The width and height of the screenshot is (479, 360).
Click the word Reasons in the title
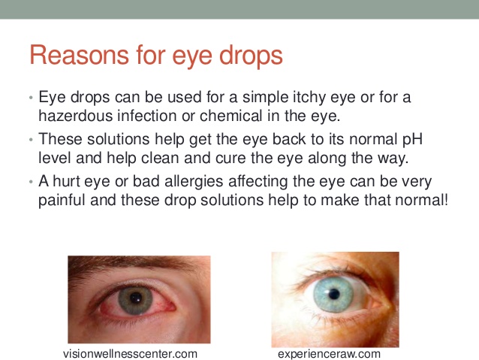coord(80,55)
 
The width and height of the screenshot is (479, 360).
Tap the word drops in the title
coord(251,55)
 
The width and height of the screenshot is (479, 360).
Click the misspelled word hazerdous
coord(76,116)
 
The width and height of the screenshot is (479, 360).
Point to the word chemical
coord(231,116)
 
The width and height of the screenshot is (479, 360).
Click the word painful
coord(62,201)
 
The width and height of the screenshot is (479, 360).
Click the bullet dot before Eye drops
coord(31,98)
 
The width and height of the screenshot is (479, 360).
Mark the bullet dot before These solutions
coord(31,140)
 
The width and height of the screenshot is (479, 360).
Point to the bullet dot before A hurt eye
coord(31,183)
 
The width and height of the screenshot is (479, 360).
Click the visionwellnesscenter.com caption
coord(130,354)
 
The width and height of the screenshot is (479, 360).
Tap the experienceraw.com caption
coord(329,354)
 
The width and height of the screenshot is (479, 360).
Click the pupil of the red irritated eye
coord(136,298)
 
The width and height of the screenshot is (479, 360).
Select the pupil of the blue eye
coord(334,295)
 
